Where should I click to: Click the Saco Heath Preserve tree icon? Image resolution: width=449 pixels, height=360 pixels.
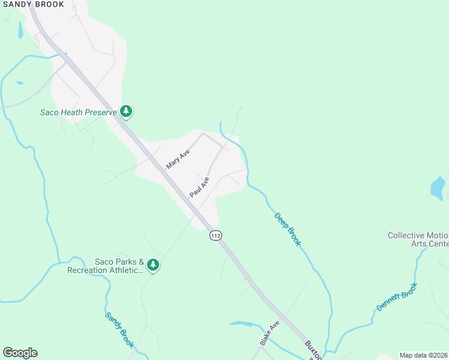pyautogui.click(x=126, y=111)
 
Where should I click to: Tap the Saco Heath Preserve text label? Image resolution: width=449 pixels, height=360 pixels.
pyautogui.click(x=78, y=112)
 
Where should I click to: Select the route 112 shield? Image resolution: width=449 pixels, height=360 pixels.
pyautogui.click(x=216, y=236)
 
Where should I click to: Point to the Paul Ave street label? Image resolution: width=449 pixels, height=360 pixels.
pyautogui.click(x=199, y=187)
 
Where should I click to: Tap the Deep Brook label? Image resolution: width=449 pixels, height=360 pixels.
pyautogui.click(x=288, y=229)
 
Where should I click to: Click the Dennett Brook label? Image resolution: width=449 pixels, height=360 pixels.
pyautogui.click(x=396, y=297)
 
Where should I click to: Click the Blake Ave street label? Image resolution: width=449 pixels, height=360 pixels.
pyautogui.click(x=270, y=333)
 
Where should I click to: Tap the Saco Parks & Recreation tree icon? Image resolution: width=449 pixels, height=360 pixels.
pyautogui.click(x=153, y=264)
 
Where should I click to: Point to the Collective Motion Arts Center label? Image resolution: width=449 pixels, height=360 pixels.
pyautogui.click(x=418, y=239)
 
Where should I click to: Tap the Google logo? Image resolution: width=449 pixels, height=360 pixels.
pyautogui.click(x=20, y=353)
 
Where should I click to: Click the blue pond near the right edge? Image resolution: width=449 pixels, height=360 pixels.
pyautogui.click(x=439, y=188)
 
